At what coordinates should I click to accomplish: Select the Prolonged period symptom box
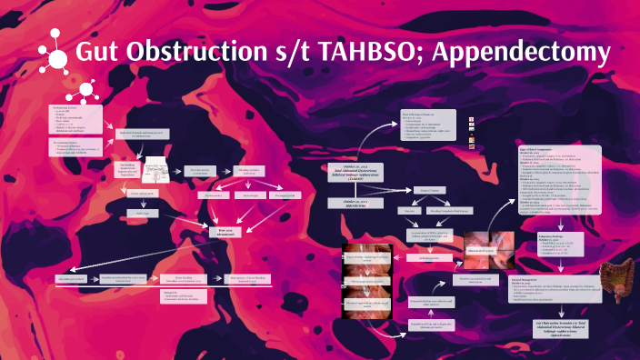tap(285, 195)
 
